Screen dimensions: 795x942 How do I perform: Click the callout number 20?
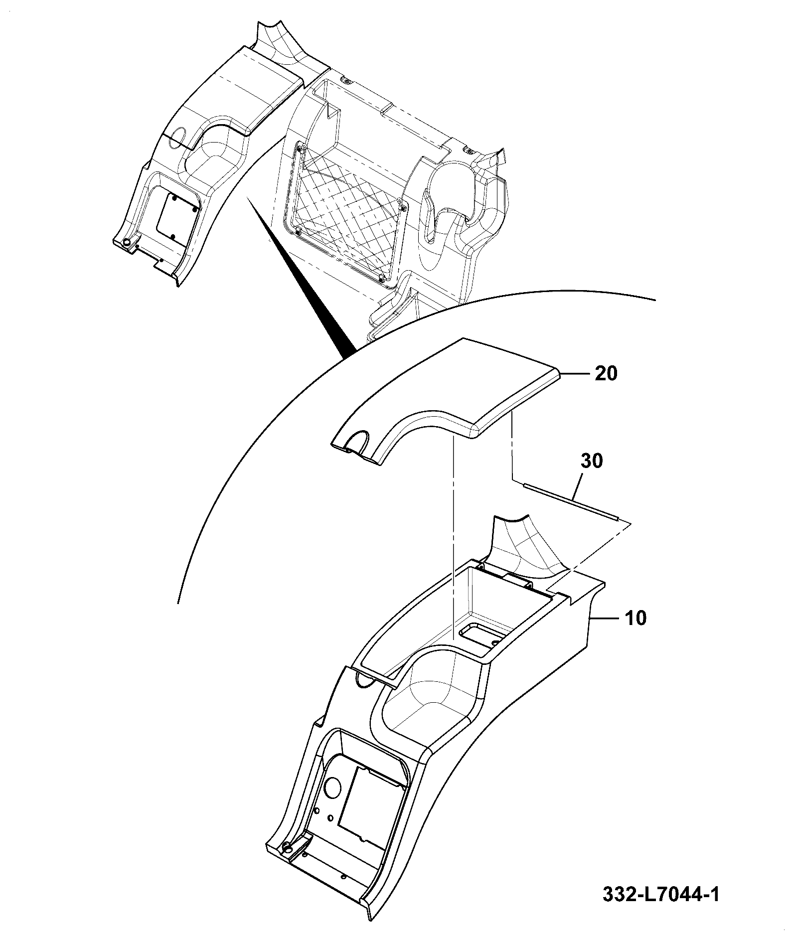(x=606, y=373)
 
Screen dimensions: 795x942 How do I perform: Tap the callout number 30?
(x=591, y=461)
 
